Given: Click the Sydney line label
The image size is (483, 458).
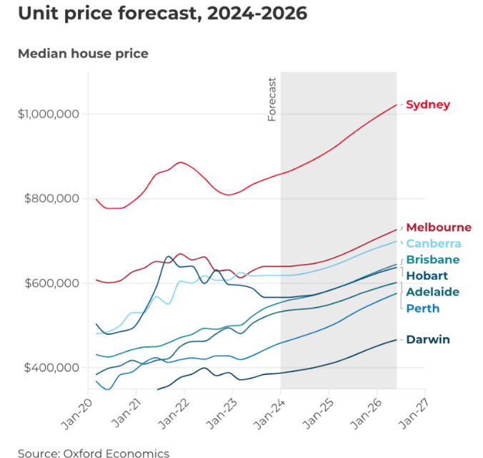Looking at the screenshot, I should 428,105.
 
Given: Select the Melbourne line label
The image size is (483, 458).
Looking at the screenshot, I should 439,228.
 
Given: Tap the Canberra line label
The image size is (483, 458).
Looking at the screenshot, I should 434,244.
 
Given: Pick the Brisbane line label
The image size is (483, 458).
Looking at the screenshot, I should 432,260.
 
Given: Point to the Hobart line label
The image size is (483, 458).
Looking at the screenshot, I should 427,276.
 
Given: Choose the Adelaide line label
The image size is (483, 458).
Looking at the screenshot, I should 432,292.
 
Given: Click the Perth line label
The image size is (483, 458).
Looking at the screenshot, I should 423,308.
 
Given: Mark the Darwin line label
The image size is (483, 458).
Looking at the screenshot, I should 428,339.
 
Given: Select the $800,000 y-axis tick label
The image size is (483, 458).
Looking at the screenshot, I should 49,199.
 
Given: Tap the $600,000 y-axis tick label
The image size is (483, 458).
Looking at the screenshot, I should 49,283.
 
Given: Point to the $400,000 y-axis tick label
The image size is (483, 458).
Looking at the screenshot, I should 49,368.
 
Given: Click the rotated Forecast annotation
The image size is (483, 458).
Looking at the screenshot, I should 272,99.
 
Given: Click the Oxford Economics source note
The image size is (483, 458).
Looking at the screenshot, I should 94,453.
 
